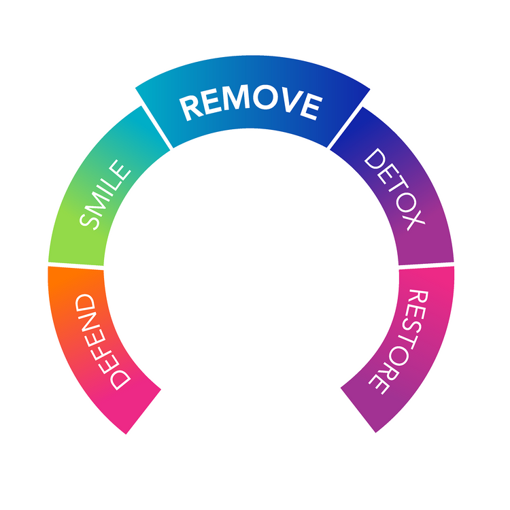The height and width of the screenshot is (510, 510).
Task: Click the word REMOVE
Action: [251, 103]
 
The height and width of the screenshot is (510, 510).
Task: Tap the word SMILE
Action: [105, 195]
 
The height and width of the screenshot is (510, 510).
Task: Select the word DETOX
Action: [394, 190]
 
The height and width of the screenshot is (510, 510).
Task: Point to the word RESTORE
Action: [400, 341]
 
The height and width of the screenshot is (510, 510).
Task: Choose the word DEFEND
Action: [102, 341]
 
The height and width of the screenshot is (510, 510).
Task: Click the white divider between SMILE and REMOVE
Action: [156, 128]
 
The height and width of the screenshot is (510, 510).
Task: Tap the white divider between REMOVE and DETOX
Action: [345, 127]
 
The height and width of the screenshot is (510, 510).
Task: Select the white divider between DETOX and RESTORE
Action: [426, 264]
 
